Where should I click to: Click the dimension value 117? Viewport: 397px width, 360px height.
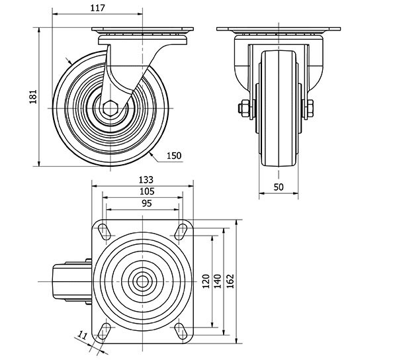coord(97,7)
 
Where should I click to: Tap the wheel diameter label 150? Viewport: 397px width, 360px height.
coord(173,156)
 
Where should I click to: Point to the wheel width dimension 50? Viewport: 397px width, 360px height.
coord(278,187)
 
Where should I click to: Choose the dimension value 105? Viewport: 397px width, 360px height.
coord(144,191)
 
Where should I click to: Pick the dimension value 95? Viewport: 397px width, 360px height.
coord(144,203)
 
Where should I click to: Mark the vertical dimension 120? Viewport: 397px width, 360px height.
coord(206,281)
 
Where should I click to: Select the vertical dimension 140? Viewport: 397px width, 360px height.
coord(218,281)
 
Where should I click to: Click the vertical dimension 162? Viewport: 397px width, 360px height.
coord(230,281)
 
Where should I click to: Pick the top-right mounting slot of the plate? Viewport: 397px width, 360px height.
coord(181,230)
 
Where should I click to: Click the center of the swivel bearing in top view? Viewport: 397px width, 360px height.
coord(143,281)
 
